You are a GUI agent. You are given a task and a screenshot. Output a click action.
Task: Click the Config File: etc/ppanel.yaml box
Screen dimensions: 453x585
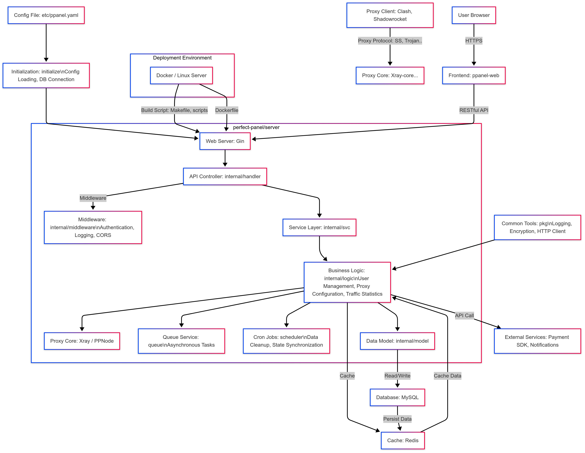coord(46,15)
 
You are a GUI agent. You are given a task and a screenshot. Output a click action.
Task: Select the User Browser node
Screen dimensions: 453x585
coord(474,15)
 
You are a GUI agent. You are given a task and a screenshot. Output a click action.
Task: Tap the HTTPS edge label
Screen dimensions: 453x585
coord(474,41)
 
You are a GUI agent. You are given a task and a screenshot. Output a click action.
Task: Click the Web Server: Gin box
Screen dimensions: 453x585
coord(225,141)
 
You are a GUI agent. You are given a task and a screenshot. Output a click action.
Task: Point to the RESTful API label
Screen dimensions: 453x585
coord(474,110)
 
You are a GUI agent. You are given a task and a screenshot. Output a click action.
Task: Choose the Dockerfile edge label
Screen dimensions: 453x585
coord(227,110)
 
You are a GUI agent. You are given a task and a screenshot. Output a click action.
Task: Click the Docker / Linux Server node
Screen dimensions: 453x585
coord(181,75)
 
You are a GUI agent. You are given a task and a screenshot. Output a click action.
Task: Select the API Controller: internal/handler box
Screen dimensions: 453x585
coord(225,176)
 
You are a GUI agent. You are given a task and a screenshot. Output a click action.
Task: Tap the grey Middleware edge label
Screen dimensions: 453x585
coord(93,198)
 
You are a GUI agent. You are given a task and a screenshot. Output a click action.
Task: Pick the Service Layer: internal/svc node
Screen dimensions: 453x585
coord(319,227)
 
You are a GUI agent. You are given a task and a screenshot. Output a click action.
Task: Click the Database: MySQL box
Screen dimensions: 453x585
coord(397,397)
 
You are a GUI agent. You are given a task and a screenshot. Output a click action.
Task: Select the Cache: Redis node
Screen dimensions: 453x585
coord(403,440)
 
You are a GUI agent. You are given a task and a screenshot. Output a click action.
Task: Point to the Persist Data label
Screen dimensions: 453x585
coord(397,419)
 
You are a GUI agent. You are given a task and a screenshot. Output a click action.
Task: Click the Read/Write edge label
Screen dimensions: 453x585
coord(397,376)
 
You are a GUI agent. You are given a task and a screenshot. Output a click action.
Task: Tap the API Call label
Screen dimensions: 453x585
coord(464,315)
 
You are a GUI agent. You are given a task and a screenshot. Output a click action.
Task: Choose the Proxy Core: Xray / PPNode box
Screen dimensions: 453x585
coord(82,341)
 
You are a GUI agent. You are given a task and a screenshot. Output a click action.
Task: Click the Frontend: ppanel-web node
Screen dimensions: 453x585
coord(474,75)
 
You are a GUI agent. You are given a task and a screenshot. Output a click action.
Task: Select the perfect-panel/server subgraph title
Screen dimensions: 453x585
coord(256,127)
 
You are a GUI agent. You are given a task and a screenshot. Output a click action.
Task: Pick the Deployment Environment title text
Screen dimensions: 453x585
coord(182,58)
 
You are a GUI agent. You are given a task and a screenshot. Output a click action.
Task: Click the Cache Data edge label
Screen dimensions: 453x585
coord(447,376)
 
